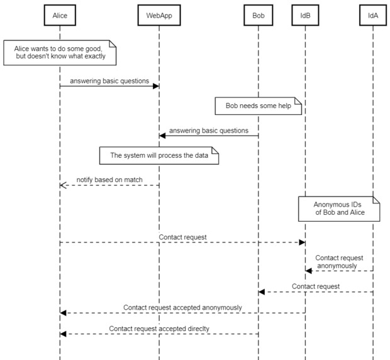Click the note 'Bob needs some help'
259,106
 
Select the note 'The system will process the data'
159,155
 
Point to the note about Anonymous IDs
339,208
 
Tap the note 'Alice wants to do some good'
59,52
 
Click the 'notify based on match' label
109,180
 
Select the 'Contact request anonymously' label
339,261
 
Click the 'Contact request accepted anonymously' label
182,307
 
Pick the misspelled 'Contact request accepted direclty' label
159,329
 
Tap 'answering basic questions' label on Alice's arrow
109,80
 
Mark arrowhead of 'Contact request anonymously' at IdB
309,271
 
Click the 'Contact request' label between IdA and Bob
316,286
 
